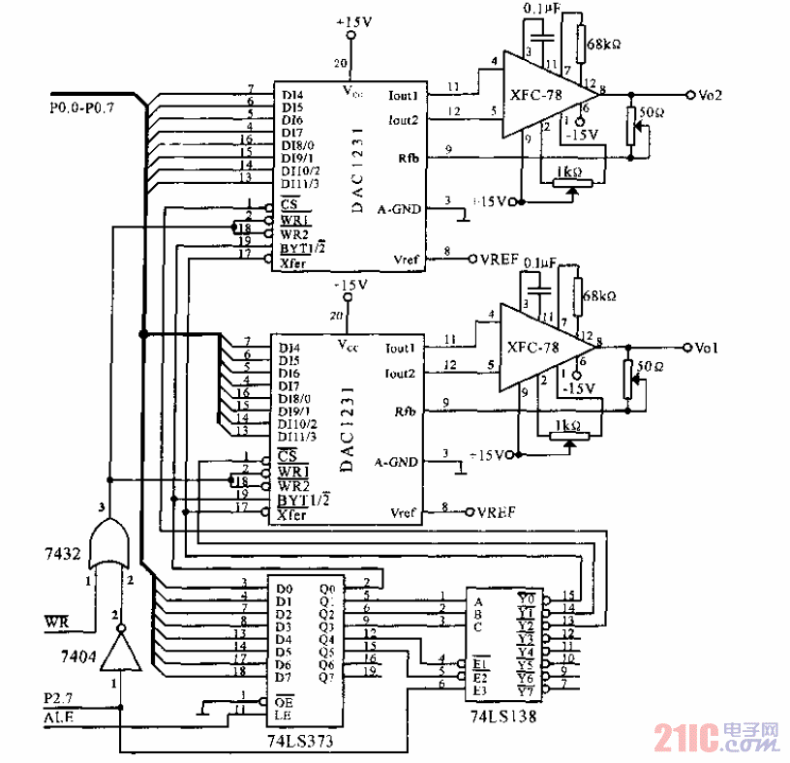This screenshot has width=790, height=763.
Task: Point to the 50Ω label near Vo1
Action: (x=650, y=367)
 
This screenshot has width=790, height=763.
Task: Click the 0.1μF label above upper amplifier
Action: (x=539, y=9)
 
